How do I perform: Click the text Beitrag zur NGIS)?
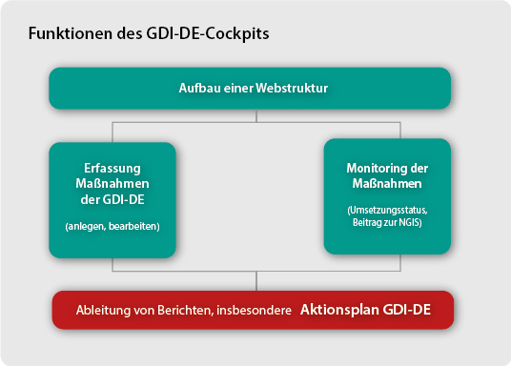click(x=386, y=221)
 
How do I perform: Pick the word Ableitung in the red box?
click(x=102, y=311)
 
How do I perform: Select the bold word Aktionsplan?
click(x=341, y=311)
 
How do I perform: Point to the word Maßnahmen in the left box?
click(x=112, y=181)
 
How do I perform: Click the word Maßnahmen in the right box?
click(x=386, y=183)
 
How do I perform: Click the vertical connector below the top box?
click(x=255, y=114)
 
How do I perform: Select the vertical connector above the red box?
click(x=255, y=280)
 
